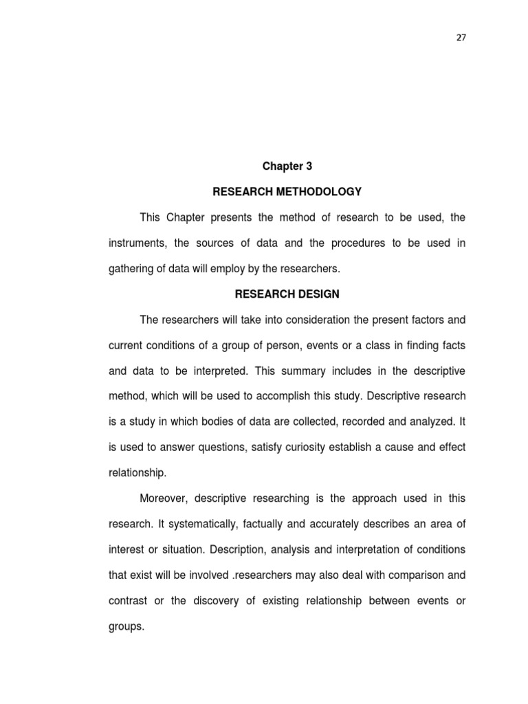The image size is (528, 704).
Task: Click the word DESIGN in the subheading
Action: pos(320,294)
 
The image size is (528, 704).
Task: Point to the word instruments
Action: pos(135,243)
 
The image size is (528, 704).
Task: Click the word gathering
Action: pos(131,268)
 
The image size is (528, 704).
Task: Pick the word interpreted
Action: pos(217,371)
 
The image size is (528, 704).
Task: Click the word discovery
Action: pos(218,600)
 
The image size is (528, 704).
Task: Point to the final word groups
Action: pos(126,626)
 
